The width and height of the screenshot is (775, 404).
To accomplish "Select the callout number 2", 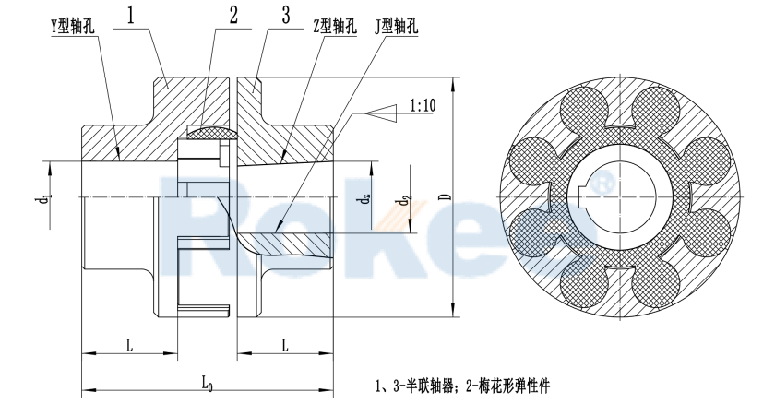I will [233, 15].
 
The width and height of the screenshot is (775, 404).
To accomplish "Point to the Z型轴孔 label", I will [333, 27].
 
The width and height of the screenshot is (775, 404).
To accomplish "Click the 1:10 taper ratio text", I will [423, 109].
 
